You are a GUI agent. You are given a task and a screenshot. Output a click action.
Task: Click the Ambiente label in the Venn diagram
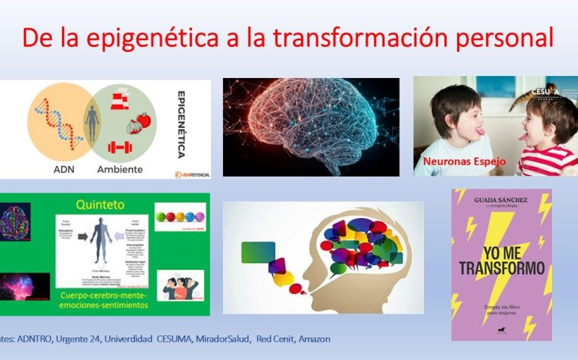click(x=120, y=169)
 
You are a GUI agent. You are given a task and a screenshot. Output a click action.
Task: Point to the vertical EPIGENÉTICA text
click(x=181, y=124)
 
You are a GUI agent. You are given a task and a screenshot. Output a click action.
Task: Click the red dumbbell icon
click(x=120, y=148)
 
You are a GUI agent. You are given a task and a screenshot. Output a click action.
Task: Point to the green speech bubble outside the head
click(x=257, y=252)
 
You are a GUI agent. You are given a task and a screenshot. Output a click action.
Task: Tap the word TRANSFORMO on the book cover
click(x=502, y=269)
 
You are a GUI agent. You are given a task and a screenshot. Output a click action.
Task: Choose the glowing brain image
click(x=311, y=126)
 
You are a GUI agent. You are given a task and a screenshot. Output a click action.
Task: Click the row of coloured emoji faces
click(x=179, y=217)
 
